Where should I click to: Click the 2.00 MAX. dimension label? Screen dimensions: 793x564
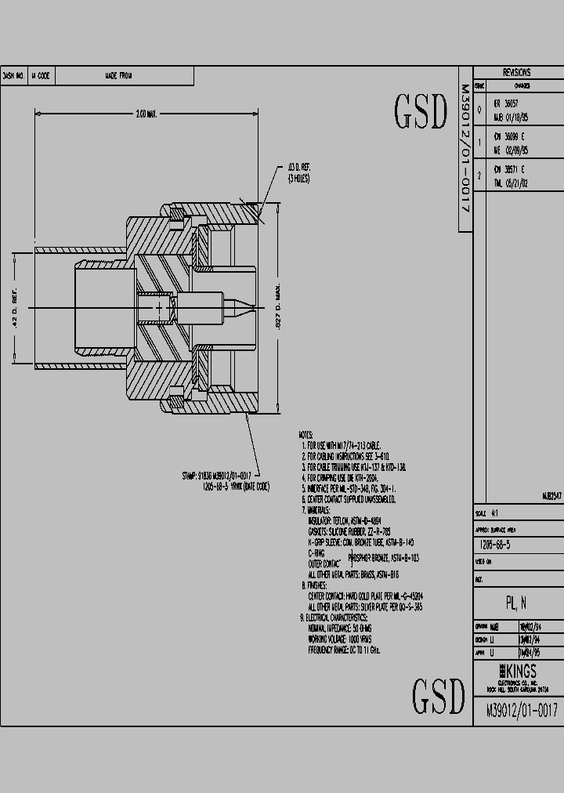coord(146,114)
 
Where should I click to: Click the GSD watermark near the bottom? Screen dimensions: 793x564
coord(439,694)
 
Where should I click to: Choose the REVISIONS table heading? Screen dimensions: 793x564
coord(516,72)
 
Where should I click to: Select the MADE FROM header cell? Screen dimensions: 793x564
coord(118,76)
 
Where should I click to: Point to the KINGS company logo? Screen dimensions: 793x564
coord(518,672)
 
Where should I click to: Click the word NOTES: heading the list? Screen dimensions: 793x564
coord(305,434)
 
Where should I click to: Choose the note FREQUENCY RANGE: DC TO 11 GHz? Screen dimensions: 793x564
coord(345,650)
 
